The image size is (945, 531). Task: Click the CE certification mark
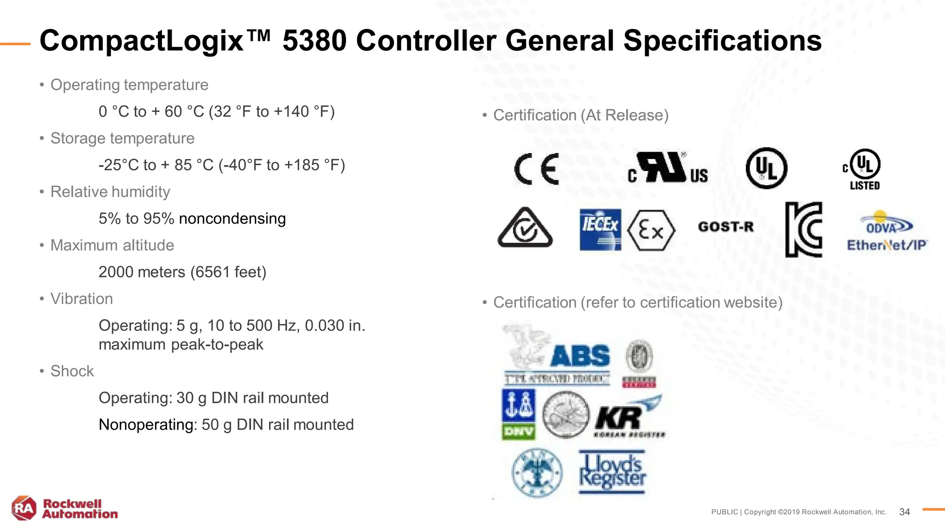coord(536,169)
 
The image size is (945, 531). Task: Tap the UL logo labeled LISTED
coord(864,170)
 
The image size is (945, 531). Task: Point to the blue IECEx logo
coord(600,230)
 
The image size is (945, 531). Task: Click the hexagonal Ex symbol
coord(651,230)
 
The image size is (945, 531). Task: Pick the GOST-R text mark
coord(725,227)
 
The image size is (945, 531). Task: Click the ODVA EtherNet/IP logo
coord(886,232)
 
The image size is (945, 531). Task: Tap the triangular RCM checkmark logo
coord(525,228)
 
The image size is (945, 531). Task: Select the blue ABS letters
coord(580,356)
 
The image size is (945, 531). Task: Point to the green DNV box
coord(519,432)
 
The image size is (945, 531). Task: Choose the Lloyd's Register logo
coord(612,472)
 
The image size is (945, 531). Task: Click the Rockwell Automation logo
coord(65,508)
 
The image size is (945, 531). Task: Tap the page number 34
coord(904,512)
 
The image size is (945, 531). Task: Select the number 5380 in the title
coord(314,41)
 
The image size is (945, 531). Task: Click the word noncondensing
coord(232,218)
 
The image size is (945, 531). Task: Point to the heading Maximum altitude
coord(112,245)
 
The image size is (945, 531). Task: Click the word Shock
coord(72,371)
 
